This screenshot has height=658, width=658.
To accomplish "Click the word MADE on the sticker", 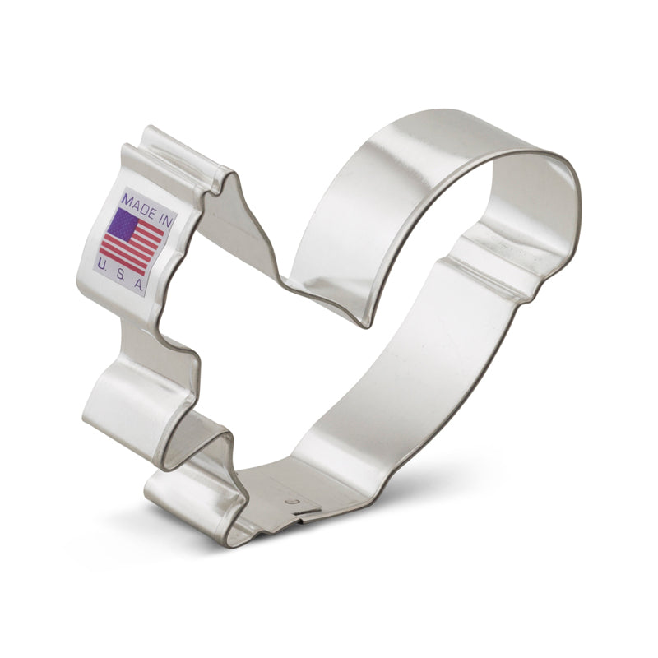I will pyautogui.click(x=137, y=201).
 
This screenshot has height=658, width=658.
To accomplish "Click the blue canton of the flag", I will pyautogui.click(x=123, y=224).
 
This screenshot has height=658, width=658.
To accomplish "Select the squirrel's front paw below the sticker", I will pyautogui.click(x=123, y=403).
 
